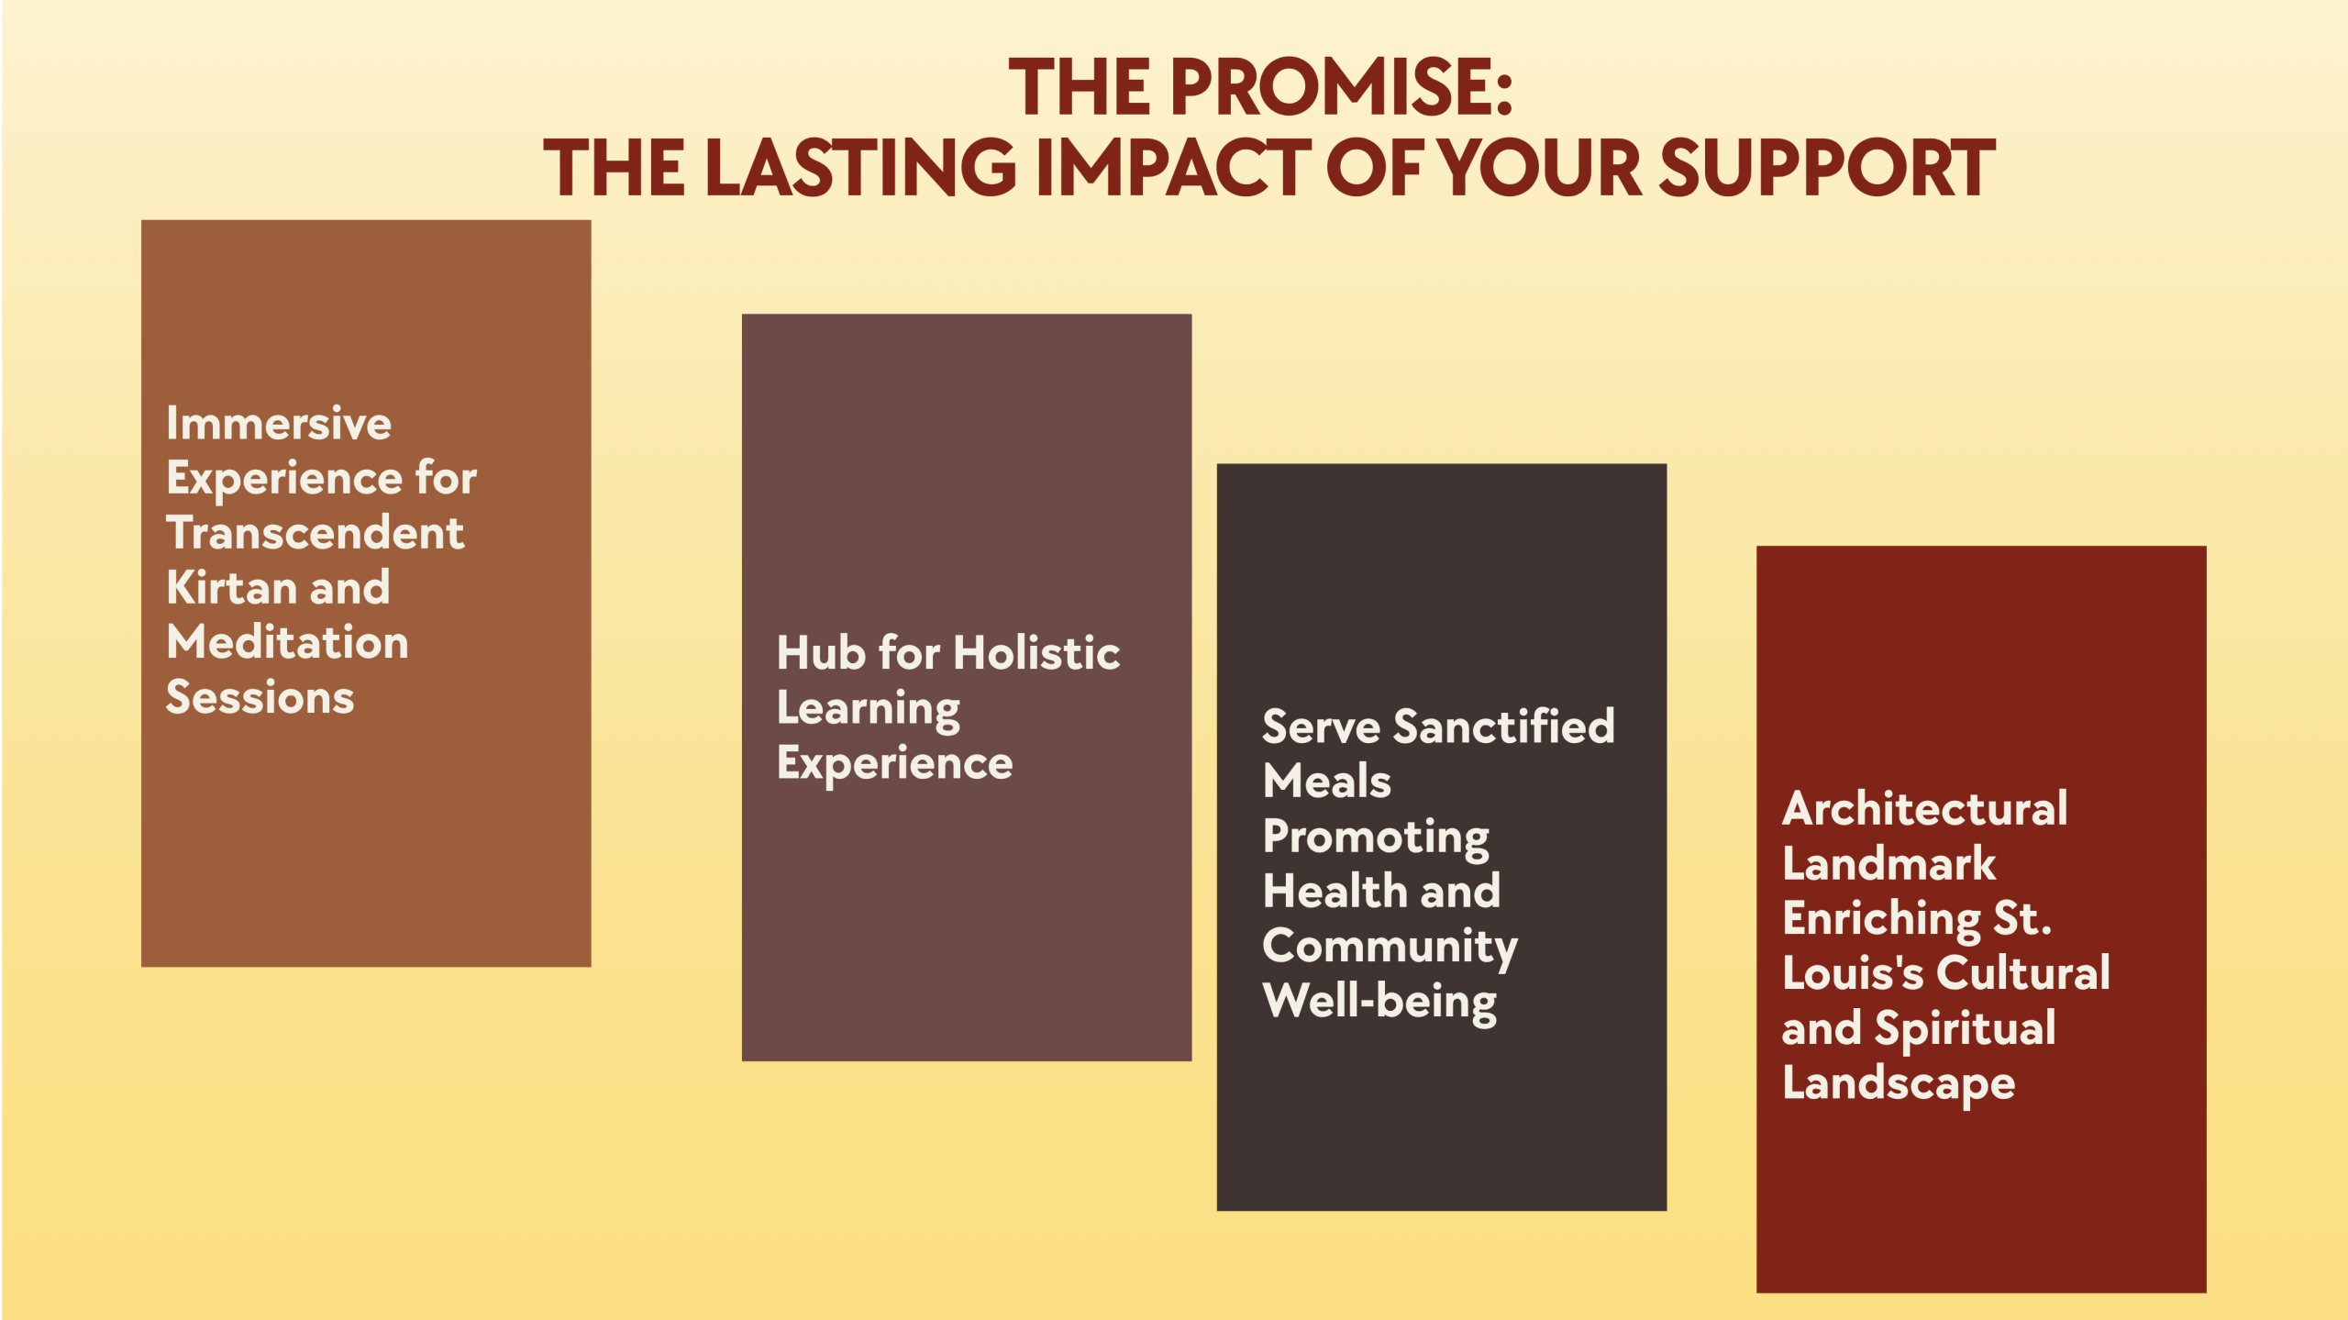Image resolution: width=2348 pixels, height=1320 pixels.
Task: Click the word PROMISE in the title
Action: point(1340,87)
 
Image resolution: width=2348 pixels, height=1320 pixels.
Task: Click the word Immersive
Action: point(279,424)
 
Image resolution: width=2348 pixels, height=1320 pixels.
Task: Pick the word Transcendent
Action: point(316,533)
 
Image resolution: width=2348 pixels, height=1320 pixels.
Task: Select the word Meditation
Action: point(288,642)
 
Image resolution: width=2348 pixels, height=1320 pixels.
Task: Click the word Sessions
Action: point(260,697)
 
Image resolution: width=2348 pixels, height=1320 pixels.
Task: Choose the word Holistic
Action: point(1036,653)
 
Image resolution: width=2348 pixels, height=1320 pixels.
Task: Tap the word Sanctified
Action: point(1504,727)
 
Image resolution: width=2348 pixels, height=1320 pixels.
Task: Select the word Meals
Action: point(1327,782)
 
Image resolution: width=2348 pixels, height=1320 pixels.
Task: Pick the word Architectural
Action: point(1925,809)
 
